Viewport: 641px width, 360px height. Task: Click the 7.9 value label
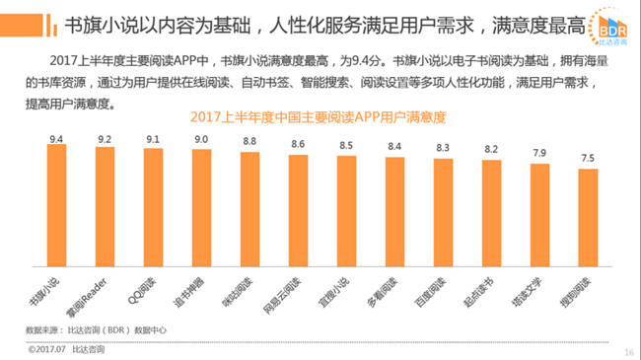tap(539, 153)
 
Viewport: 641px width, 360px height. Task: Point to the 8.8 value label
tap(250, 142)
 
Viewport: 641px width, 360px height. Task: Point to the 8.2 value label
tap(491, 150)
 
